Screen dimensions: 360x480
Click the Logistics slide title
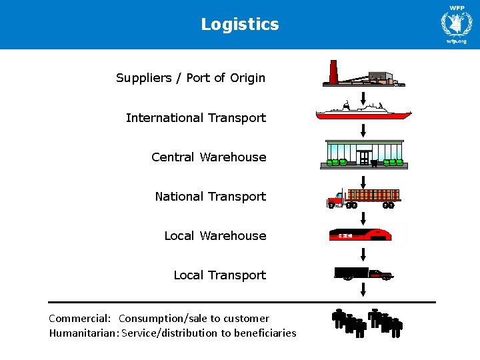tap(240, 25)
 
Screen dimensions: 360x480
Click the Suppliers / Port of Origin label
tap(191, 78)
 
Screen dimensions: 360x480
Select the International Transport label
tap(196, 118)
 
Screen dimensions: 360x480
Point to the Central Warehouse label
tap(209, 157)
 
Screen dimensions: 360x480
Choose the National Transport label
tap(210, 197)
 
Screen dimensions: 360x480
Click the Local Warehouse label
tap(215, 236)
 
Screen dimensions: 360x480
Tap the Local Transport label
tap(219, 275)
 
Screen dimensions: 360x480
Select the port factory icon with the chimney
tap(363, 75)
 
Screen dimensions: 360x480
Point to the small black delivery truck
tap(363, 273)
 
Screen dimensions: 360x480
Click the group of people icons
tap(367, 323)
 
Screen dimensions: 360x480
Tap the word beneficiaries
tap(264, 333)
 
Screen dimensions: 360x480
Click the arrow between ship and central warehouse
tap(363, 129)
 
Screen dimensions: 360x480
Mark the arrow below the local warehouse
tap(363, 253)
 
